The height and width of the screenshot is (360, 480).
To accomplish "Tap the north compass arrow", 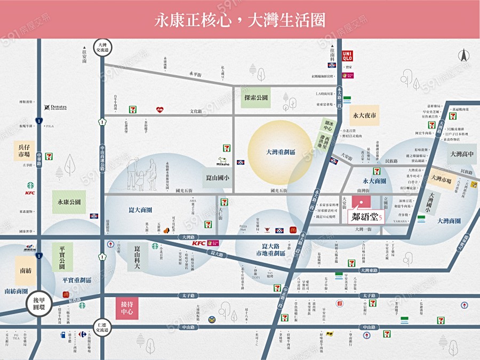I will point(463,55).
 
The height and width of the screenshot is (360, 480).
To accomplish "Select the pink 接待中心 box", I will point(127,308).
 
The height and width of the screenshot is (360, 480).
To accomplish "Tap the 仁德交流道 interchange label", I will point(101,326).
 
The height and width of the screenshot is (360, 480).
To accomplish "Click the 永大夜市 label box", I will point(365,115).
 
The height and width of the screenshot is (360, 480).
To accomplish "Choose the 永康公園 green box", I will point(69,202).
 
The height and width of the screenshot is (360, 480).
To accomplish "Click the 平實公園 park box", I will point(62,255).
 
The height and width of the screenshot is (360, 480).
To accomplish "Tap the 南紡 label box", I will point(26,270).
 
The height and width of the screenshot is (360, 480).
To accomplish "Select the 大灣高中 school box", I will point(462,155).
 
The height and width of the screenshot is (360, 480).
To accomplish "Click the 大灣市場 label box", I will point(441,179).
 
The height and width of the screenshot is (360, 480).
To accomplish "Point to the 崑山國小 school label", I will point(217,178).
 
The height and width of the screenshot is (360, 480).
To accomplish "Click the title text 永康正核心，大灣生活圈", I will point(240,20).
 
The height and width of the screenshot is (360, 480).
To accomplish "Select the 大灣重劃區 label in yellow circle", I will point(281,152).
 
